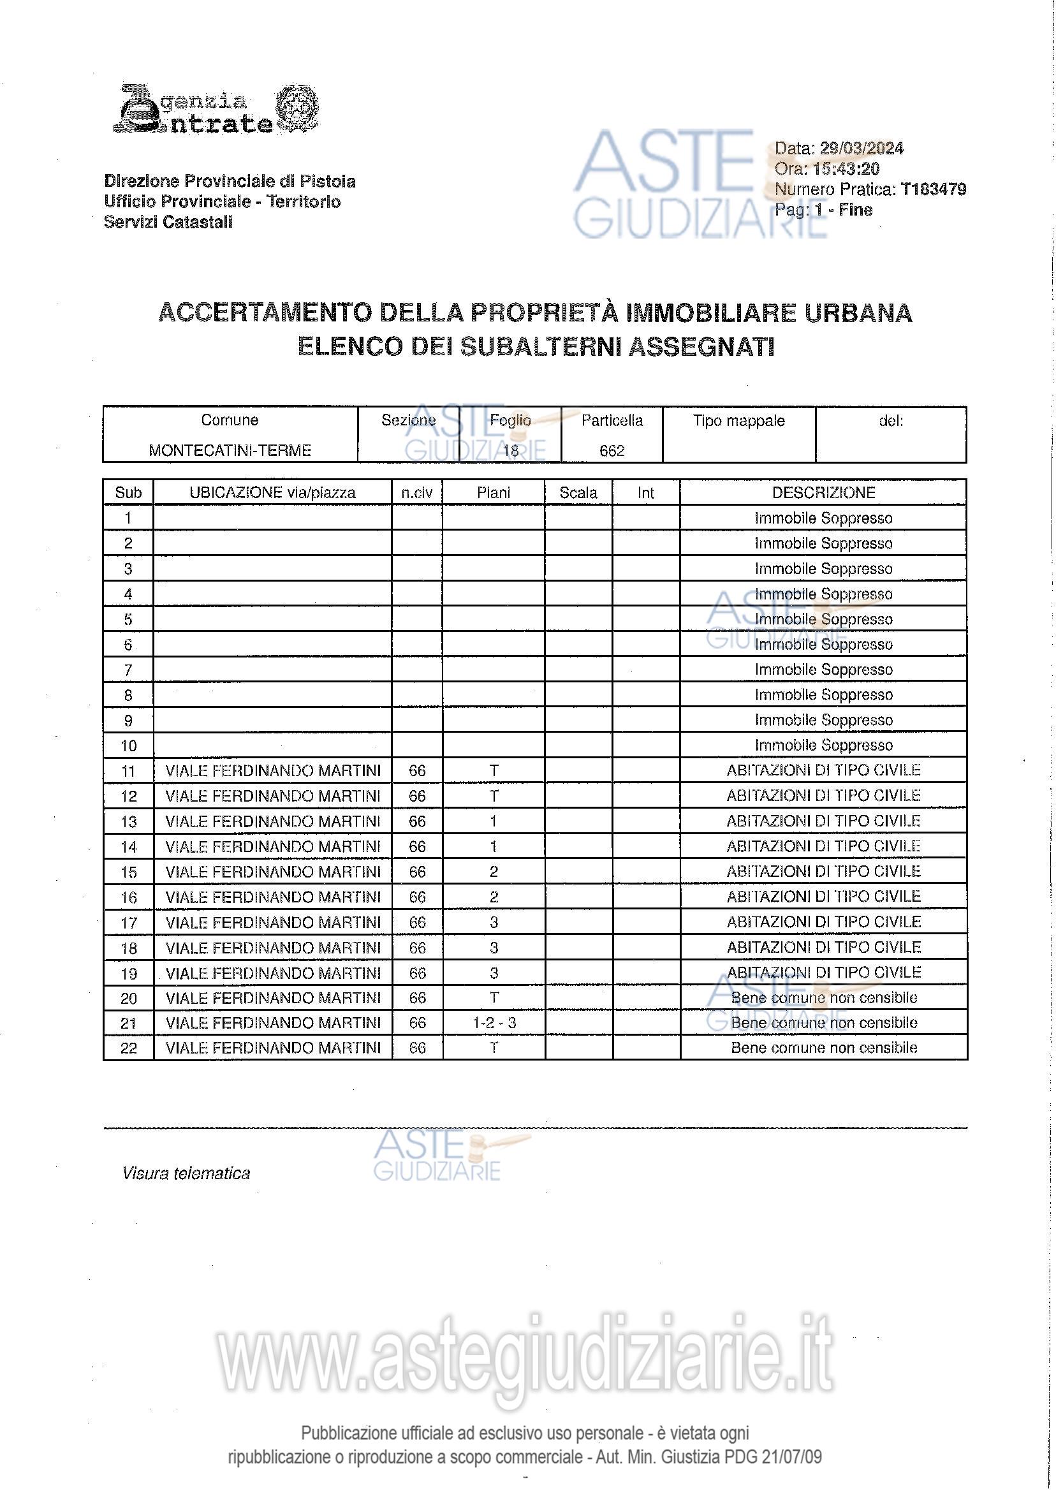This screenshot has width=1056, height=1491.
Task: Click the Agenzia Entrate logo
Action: (216, 108)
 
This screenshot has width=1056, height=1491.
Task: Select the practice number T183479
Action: (933, 189)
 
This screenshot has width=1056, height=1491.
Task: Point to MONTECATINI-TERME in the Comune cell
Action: (230, 450)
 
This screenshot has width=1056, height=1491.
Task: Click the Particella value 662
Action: (612, 451)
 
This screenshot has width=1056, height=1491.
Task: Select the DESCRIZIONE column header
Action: (823, 493)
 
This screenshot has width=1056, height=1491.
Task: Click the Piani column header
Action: (494, 493)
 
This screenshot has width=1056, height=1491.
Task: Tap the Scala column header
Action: (578, 493)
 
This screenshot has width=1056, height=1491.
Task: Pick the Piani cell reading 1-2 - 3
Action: (494, 1023)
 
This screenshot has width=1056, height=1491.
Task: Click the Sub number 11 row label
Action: (129, 771)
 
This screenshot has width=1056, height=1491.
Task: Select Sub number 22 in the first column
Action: (129, 1048)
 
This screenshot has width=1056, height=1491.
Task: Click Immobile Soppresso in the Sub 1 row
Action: (823, 518)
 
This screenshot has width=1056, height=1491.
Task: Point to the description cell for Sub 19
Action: (823, 972)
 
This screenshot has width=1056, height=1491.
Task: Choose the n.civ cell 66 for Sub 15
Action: (417, 872)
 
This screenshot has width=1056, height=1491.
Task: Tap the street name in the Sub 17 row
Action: (273, 922)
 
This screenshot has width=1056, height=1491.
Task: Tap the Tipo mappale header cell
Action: (738, 421)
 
